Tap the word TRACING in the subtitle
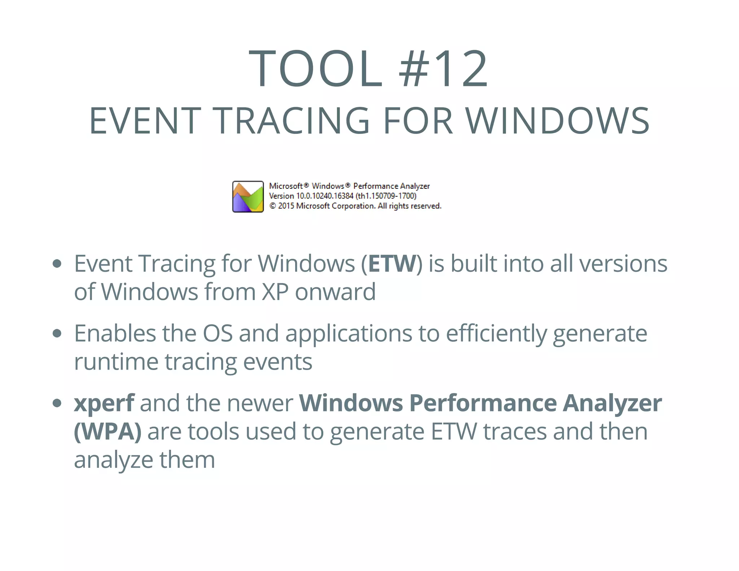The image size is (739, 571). (292, 121)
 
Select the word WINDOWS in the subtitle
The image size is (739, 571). (557, 121)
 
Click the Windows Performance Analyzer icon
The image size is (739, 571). (248, 197)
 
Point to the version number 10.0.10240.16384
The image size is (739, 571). (324, 196)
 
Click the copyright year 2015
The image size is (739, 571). (286, 206)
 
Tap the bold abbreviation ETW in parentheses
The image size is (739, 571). (392, 263)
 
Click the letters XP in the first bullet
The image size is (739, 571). (275, 292)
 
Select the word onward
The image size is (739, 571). (335, 292)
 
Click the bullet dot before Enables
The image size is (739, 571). (57, 333)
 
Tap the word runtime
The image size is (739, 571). (116, 362)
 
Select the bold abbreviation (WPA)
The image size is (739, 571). (108, 431)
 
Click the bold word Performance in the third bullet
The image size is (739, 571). (483, 403)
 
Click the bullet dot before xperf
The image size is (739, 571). (57, 403)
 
